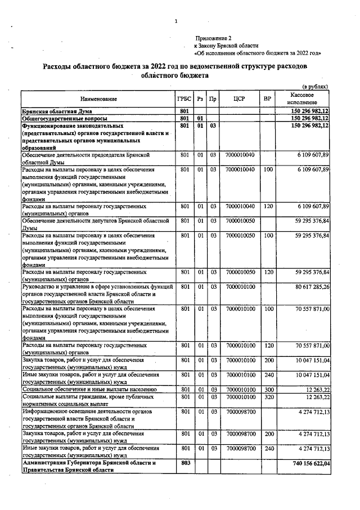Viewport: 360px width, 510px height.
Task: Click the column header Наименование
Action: pos(98,99)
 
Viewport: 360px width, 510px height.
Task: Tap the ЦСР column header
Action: pos(239,99)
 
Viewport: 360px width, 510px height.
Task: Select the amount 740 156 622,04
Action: pos(307,462)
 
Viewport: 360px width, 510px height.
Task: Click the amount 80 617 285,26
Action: pos(308,287)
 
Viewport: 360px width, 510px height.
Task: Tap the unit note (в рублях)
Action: pos(315,87)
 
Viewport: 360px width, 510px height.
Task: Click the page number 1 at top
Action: pos(176,21)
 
